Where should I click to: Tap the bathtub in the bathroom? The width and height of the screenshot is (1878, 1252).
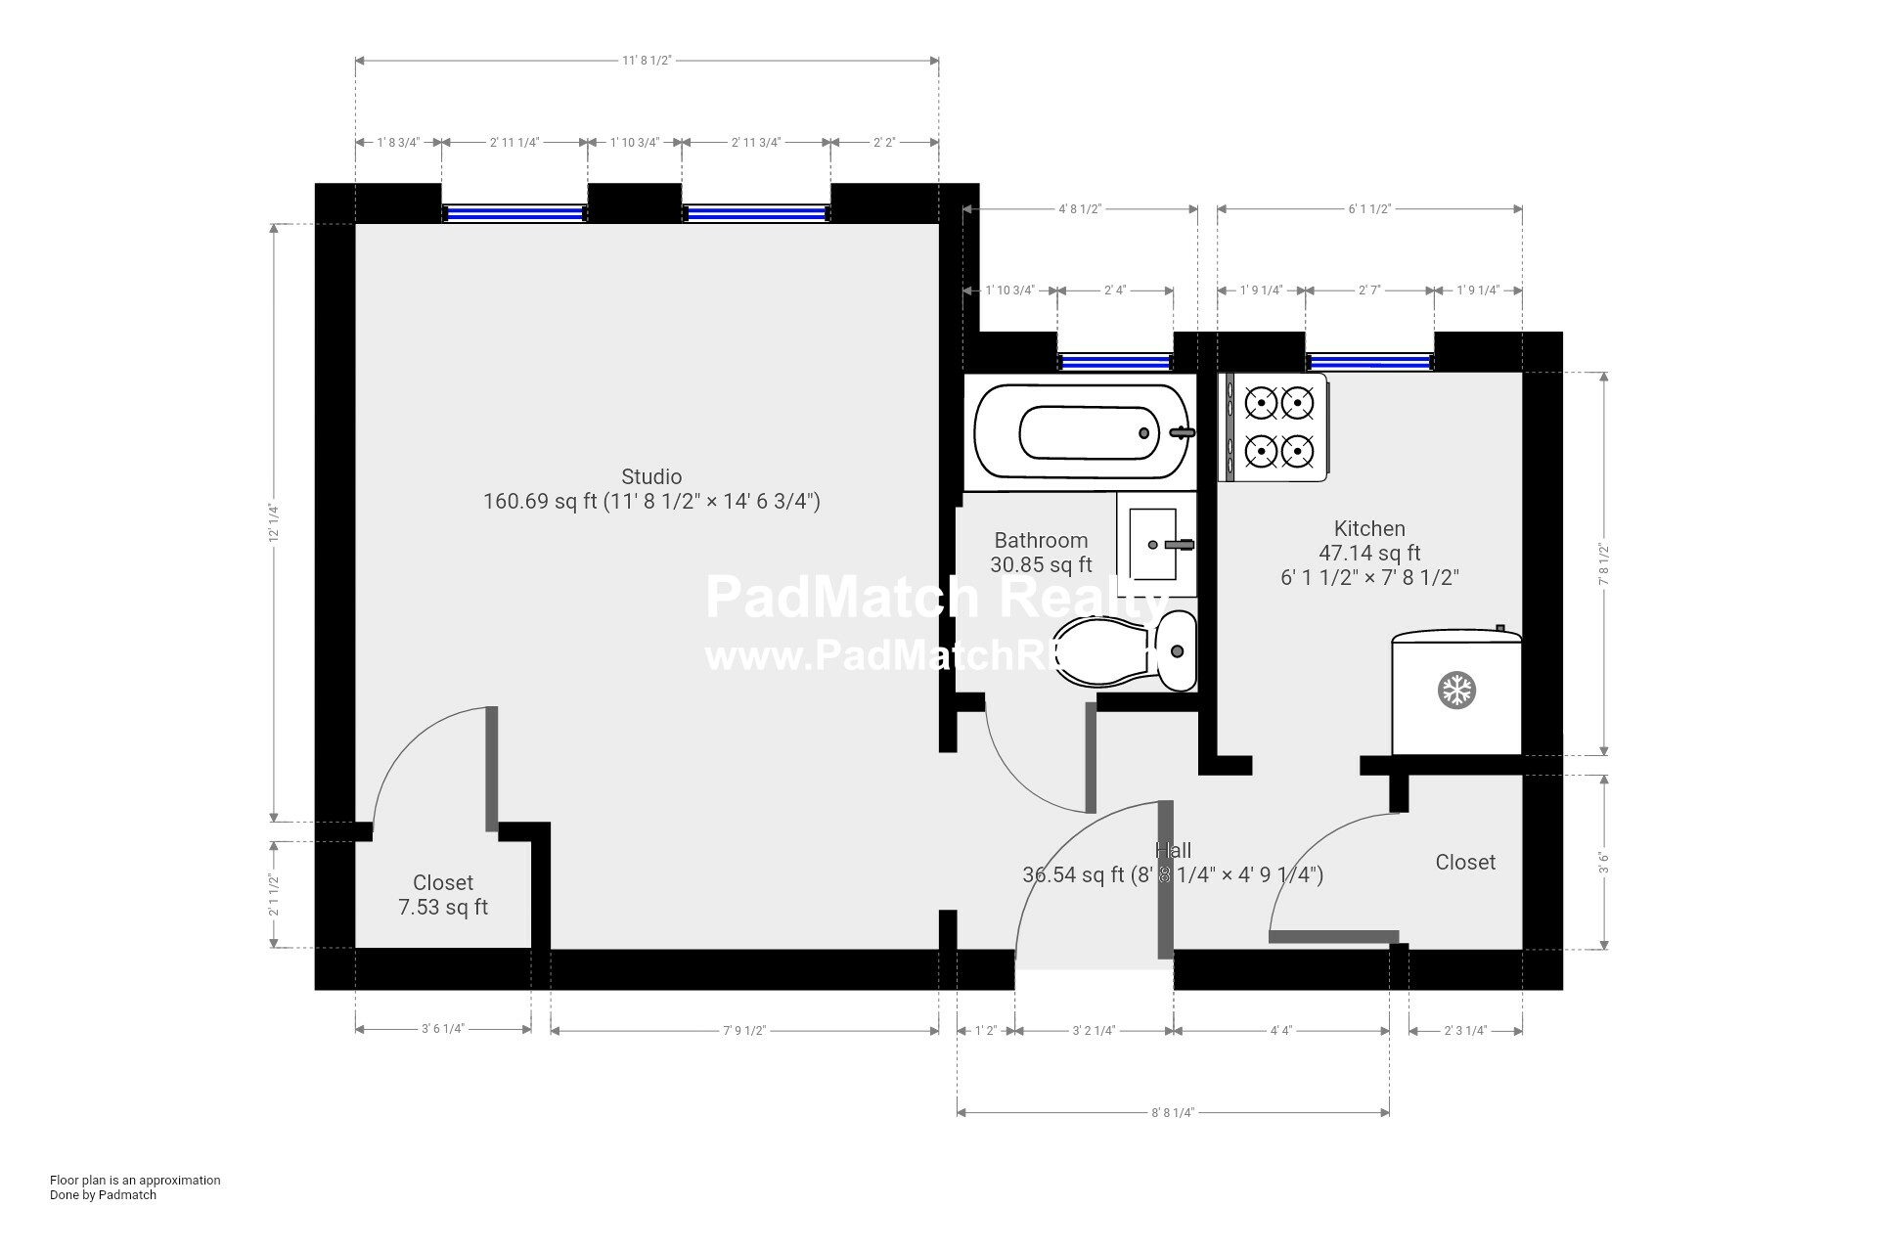coord(1080,432)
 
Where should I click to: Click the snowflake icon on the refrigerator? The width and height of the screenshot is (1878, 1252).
coord(1456,691)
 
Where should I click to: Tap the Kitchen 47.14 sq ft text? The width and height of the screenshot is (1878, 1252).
coord(1369,553)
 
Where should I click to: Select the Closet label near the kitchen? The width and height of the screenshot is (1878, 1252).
coord(1465,862)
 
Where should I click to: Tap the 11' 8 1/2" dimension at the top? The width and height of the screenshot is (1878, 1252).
coord(647,61)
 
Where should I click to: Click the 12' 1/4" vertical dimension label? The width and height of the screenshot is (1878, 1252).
coord(275,522)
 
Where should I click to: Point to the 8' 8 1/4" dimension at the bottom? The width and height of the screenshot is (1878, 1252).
coord(1173,1112)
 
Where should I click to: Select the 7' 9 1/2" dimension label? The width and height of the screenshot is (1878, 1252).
coord(744,1030)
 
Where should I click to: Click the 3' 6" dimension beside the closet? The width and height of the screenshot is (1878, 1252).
coord(1603,862)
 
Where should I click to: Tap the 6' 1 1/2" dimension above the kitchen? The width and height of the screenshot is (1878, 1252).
coord(1369,208)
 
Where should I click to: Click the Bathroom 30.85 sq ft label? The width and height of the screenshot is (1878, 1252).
coord(1041,553)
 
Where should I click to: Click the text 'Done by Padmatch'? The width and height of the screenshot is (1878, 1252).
coord(103,1194)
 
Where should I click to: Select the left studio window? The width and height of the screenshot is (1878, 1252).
coord(514,213)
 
